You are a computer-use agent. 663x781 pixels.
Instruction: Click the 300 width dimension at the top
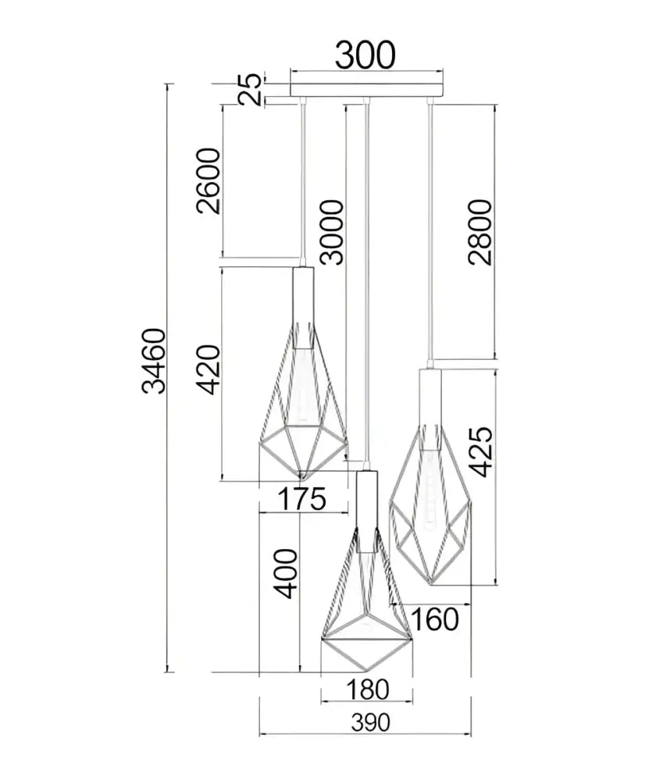pos(365,55)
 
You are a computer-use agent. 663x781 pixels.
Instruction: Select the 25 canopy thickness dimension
pos(250,89)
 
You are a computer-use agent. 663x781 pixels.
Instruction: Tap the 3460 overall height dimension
pos(153,361)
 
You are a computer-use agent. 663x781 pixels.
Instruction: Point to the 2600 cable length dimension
pos(208,181)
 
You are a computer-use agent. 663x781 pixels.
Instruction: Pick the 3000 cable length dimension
pos(332,232)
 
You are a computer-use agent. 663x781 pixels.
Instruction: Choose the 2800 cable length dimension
pos(480,232)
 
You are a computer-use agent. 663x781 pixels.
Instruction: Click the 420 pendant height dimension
pos(208,369)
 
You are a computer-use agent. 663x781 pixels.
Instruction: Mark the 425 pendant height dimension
pos(481,451)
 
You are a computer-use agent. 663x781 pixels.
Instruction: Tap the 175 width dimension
pos(302,499)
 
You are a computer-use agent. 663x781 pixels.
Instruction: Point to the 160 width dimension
pos(435,619)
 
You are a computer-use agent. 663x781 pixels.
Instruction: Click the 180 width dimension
pos(367,690)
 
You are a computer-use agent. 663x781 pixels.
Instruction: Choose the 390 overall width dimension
pos(371,722)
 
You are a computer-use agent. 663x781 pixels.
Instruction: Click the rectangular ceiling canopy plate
pos(366,90)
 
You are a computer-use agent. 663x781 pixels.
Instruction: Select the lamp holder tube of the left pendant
pos(303,307)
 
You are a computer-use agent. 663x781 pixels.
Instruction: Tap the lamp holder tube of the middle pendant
pos(366,512)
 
